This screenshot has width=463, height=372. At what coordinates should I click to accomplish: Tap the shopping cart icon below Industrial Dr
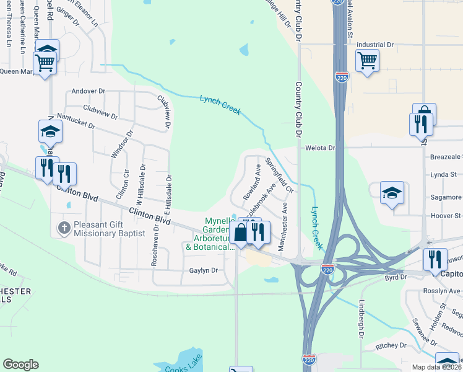click(x=368, y=61)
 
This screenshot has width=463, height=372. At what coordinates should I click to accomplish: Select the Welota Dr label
click(x=320, y=148)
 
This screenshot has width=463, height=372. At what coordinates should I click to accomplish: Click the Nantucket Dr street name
click(x=76, y=120)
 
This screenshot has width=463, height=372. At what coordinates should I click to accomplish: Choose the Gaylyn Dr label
click(x=204, y=270)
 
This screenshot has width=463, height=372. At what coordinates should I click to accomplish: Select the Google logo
click(x=20, y=365)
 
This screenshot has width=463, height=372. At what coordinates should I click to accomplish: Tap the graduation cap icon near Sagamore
click(x=392, y=193)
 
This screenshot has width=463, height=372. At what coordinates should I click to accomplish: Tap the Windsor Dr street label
click(x=121, y=144)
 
